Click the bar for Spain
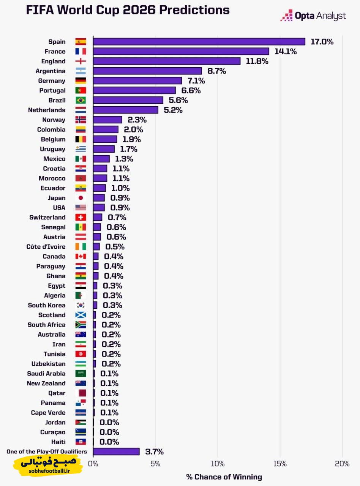[199, 42]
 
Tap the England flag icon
[81, 61]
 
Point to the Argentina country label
[51, 71]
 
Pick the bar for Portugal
[134, 90]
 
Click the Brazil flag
[81, 100]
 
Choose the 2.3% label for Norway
[137, 120]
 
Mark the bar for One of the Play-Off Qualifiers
[116, 451]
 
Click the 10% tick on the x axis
[218, 464]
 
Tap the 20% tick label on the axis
[342, 464]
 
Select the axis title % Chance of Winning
[224, 477]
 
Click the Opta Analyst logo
[313, 16]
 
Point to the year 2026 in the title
[139, 10]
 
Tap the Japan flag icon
[81, 198]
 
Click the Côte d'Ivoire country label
[46, 247]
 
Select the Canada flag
[81, 256]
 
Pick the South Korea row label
[47, 305]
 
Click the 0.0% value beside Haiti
[109, 442]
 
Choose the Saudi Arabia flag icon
[81, 374]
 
